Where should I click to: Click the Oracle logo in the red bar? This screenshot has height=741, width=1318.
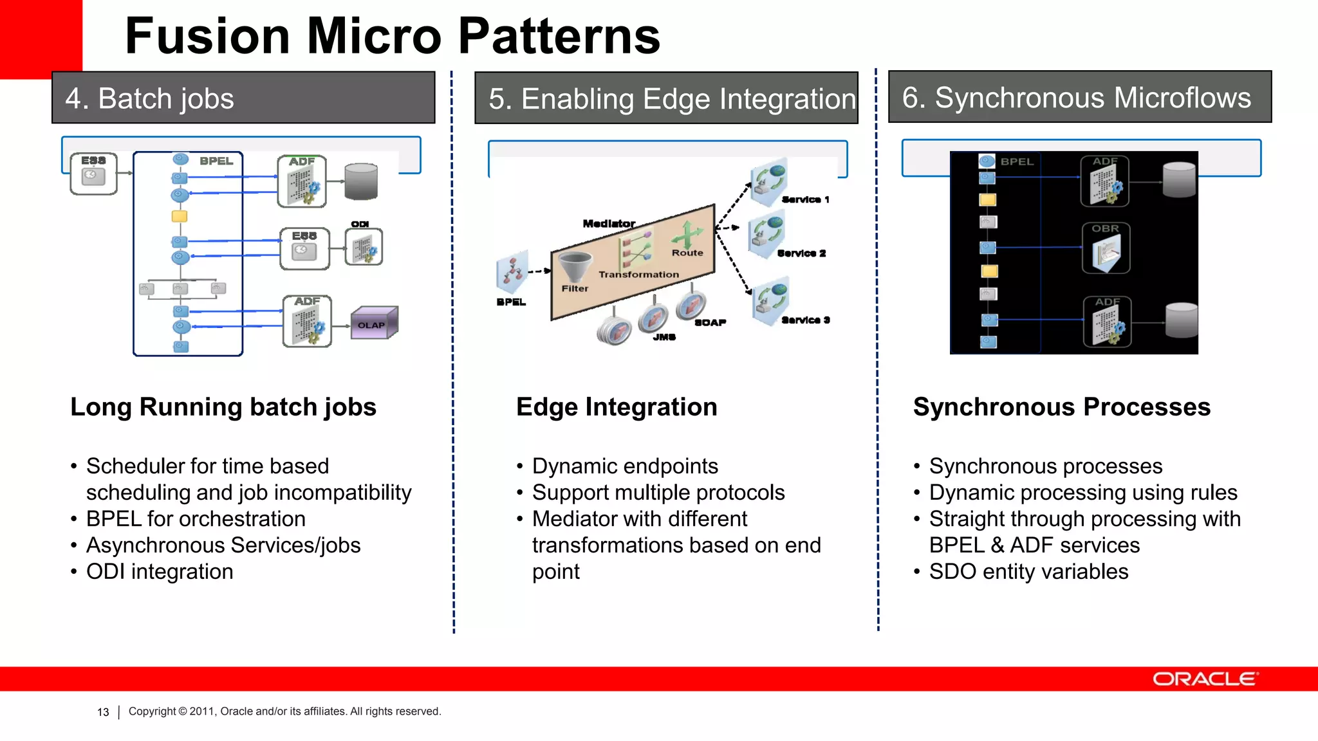point(1205,679)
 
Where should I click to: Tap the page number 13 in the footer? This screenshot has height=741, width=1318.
point(103,712)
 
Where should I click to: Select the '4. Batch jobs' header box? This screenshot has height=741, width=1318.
point(243,98)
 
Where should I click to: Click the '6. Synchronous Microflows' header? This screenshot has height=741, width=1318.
point(1079,97)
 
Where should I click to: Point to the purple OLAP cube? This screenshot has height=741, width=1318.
point(373,323)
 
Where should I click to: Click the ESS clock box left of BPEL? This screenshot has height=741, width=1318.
point(94,174)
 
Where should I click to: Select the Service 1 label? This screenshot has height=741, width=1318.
point(805,199)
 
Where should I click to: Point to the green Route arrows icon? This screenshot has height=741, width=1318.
point(687,234)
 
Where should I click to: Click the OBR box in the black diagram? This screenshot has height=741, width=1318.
point(1106,248)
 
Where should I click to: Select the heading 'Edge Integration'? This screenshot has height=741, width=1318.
point(616,407)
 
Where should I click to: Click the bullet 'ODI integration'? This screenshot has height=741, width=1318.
point(160,572)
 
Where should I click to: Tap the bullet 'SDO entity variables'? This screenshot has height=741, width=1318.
point(1028,572)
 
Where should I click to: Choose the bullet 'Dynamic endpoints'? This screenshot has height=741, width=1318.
point(624,466)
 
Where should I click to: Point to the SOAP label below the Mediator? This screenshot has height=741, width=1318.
point(710,322)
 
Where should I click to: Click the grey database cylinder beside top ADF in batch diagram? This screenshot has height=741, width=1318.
point(361,181)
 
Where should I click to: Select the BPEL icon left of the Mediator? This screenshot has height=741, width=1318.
point(512,271)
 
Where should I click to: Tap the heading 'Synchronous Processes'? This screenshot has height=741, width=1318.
point(1061,407)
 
